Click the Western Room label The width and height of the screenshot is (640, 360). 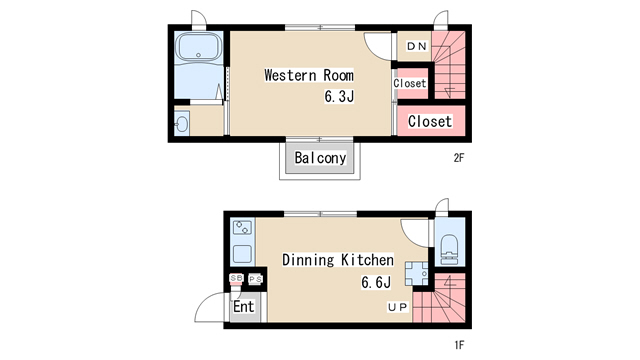309,76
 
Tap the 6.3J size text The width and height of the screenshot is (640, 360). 339,96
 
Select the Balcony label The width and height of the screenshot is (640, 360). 320,158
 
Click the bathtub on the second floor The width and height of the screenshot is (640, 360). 198,48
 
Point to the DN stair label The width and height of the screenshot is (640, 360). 417,46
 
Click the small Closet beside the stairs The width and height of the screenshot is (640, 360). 410,83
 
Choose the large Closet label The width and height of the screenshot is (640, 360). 430,121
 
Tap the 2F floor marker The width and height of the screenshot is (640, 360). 459,158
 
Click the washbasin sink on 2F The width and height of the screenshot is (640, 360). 181,123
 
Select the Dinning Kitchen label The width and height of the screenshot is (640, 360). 338,260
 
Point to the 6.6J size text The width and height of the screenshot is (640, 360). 376,282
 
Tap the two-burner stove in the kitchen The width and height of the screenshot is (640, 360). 242,228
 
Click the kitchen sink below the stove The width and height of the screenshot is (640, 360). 242,254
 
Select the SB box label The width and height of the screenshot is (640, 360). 237,278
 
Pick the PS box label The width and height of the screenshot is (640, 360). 256,279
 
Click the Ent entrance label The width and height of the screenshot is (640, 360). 244,306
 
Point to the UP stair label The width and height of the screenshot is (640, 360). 398,307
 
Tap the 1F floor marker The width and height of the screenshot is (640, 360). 459,345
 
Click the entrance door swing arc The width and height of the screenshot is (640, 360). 203,302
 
